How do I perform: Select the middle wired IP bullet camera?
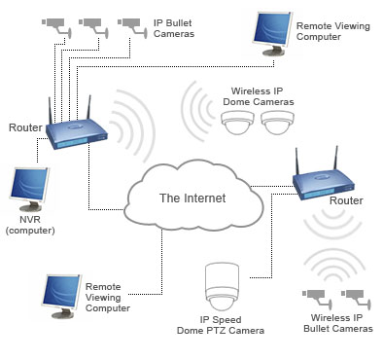pyautogui.click(x=91, y=22)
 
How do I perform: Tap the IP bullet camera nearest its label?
pyautogui.click(x=128, y=22)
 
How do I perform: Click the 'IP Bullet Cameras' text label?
pyautogui.click(x=174, y=28)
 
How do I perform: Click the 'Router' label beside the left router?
pyautogui.click(x=24, y=127)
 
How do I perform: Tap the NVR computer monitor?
pyautogui.click(x=29, y=191)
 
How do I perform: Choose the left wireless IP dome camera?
pyautogui.click(x=237, y=122)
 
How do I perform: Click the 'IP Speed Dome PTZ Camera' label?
pyautogui.click(x=225, y=324)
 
